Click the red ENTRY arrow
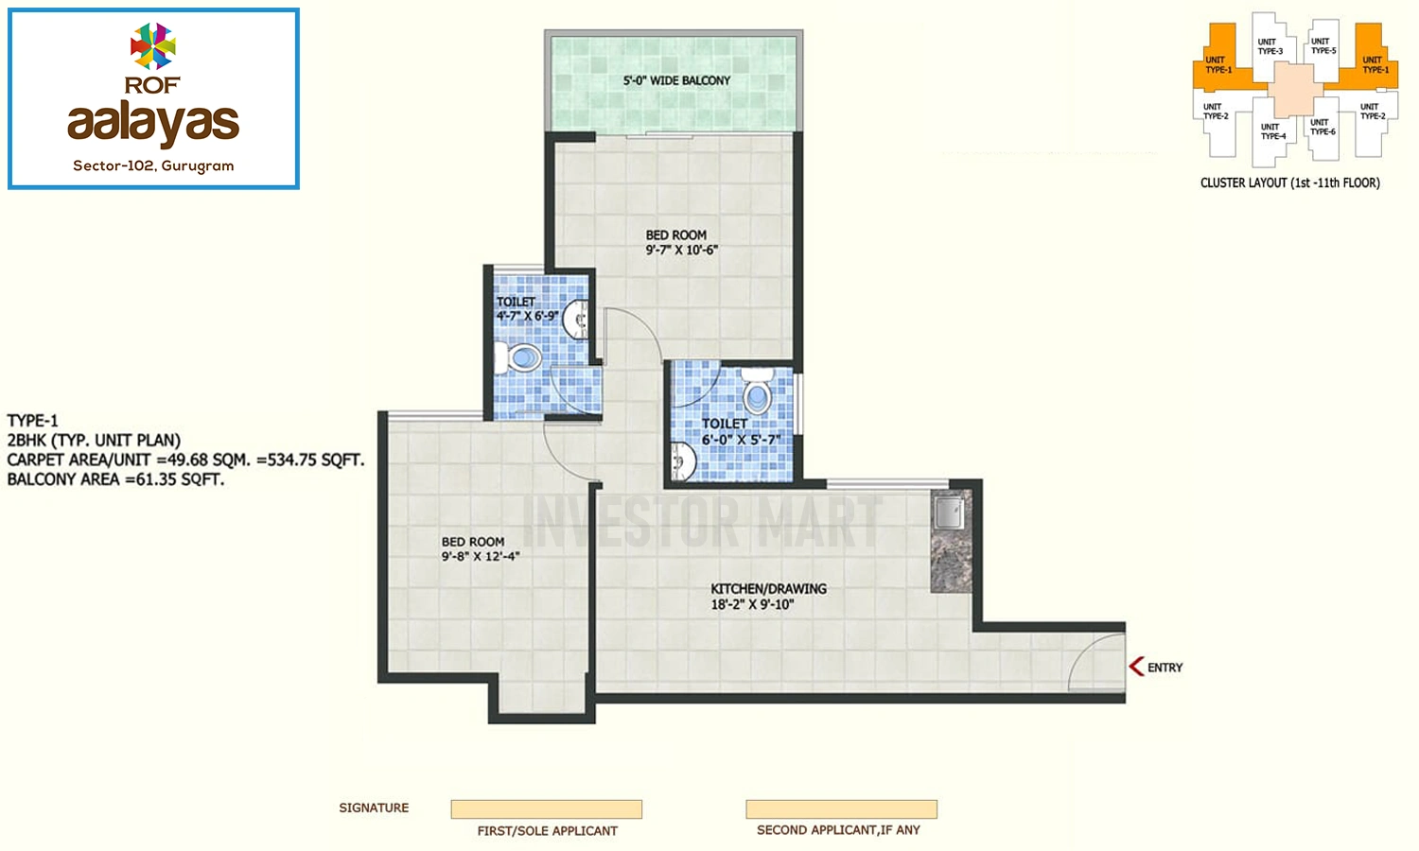[x=1136, y=666]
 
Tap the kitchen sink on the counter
[x=949, y=512]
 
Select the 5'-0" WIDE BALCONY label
[x=676, y=80]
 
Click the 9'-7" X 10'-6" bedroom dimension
[x=682, y=251]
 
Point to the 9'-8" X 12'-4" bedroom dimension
[x=481, y=557]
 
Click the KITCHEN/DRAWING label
[x=768, y=589]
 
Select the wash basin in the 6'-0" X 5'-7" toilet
[x=684, y=460]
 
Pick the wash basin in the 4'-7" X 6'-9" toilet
[x=576, y=320]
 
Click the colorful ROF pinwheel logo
[x=152, y=45]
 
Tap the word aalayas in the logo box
[x=153, y=122]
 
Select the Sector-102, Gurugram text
[x=153, y=165]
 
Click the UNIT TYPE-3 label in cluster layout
[x=1270, y=46]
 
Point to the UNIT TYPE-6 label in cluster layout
[x=1323, y=127]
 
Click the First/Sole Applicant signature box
[x=546, y=809]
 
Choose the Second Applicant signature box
[x=841, y=809]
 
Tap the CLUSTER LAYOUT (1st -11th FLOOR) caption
[x=1289, y=183]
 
